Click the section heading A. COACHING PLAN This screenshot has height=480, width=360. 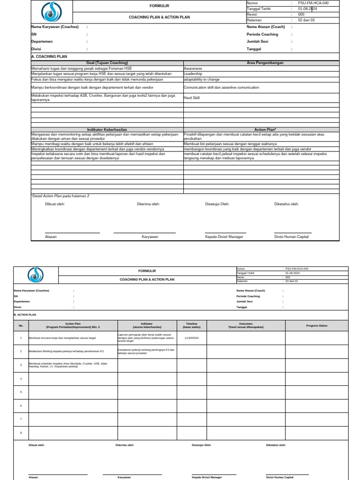(49, 57)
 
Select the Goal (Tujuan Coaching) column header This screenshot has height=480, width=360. (107, 63)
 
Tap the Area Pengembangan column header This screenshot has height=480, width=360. (265, 63)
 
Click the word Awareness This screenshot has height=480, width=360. (193, 68)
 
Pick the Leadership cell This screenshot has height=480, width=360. (193, 74)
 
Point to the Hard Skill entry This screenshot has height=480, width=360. (192, 98)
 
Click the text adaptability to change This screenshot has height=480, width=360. (202, 80)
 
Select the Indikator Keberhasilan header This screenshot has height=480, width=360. (107, 129)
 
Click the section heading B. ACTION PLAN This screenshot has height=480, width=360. (25, 315)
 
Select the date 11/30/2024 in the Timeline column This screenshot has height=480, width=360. (192, 337)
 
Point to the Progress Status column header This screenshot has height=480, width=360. (317, 325)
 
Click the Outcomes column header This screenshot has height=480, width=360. (246, 325)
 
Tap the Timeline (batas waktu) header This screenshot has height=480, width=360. (192, 325)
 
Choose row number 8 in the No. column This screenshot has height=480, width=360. (21, 433)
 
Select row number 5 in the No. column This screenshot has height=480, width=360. (21, 392)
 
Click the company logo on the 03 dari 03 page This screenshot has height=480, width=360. (36, 275)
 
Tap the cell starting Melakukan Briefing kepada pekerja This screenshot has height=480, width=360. (67, 351)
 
